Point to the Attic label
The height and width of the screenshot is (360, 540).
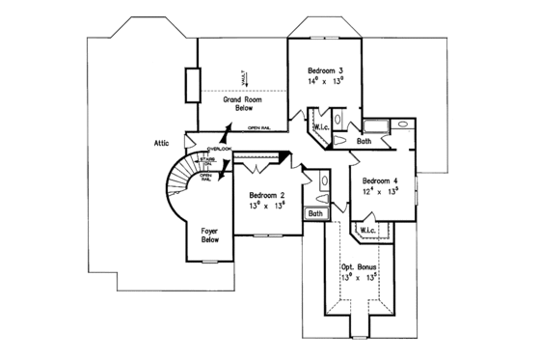point(161,143)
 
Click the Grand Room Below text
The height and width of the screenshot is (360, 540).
point(246,104)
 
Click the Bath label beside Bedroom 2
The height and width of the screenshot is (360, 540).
point(315,213)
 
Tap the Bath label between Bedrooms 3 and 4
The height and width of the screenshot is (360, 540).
point(364,141)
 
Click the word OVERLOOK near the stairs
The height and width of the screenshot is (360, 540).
point(220,149)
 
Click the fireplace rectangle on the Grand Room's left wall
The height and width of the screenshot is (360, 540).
point(192,85)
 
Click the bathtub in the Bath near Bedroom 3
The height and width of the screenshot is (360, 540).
point(373,125)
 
